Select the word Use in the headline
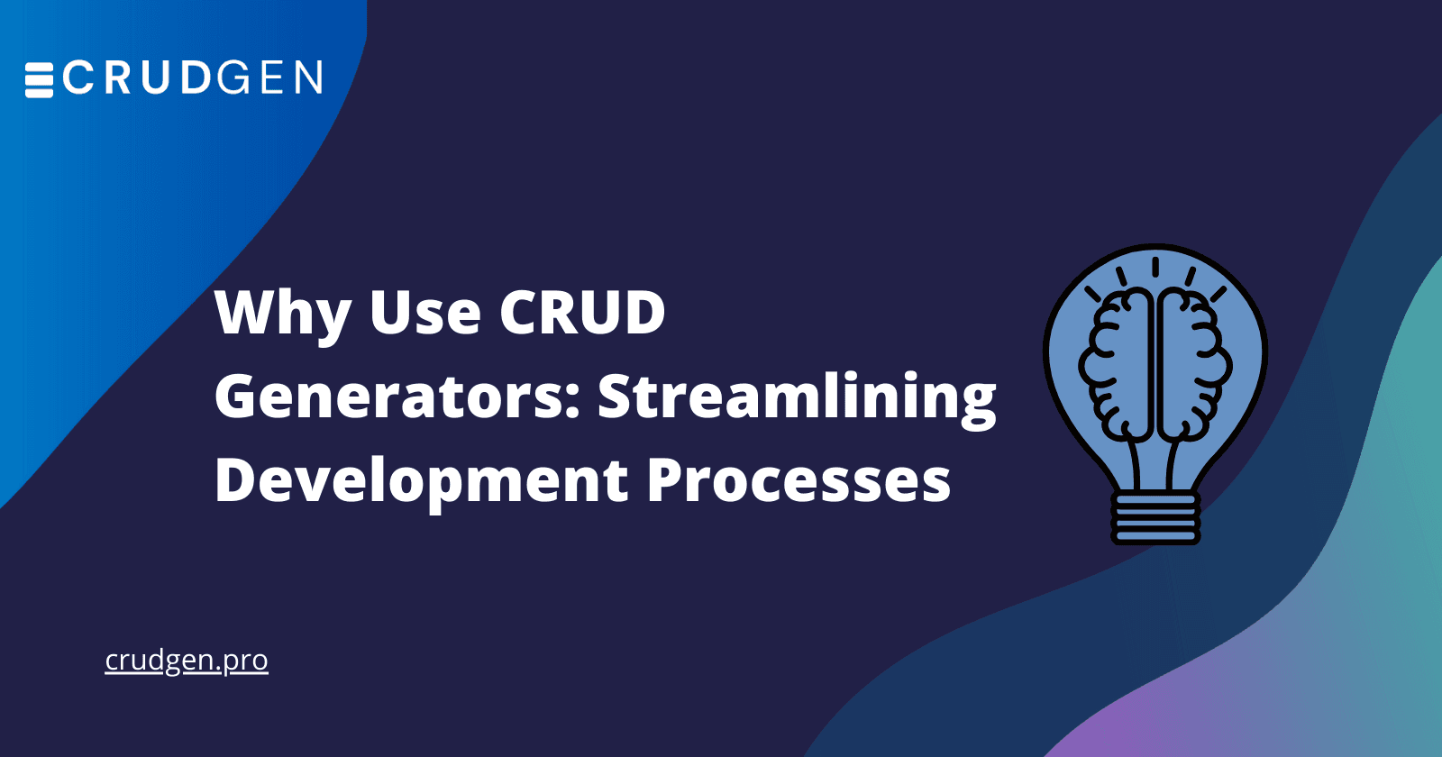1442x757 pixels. coord(425,314)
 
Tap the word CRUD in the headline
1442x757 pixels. coord(582,314)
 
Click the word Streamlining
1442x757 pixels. coord(797,398)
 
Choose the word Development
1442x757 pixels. coord(421,481)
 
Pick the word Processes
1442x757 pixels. coord(799,481)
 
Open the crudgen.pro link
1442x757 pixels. coord(187,661)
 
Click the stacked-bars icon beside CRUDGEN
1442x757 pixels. coord(39,79)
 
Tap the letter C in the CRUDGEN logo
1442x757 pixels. coord(78,78)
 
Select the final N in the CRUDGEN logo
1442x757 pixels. coord(307,78)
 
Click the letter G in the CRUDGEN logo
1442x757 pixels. coord(233,78)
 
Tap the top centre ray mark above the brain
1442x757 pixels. coord(1155,267)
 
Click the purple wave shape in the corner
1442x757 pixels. coord(1145,734)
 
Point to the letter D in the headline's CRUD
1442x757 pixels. coord(642,314)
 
